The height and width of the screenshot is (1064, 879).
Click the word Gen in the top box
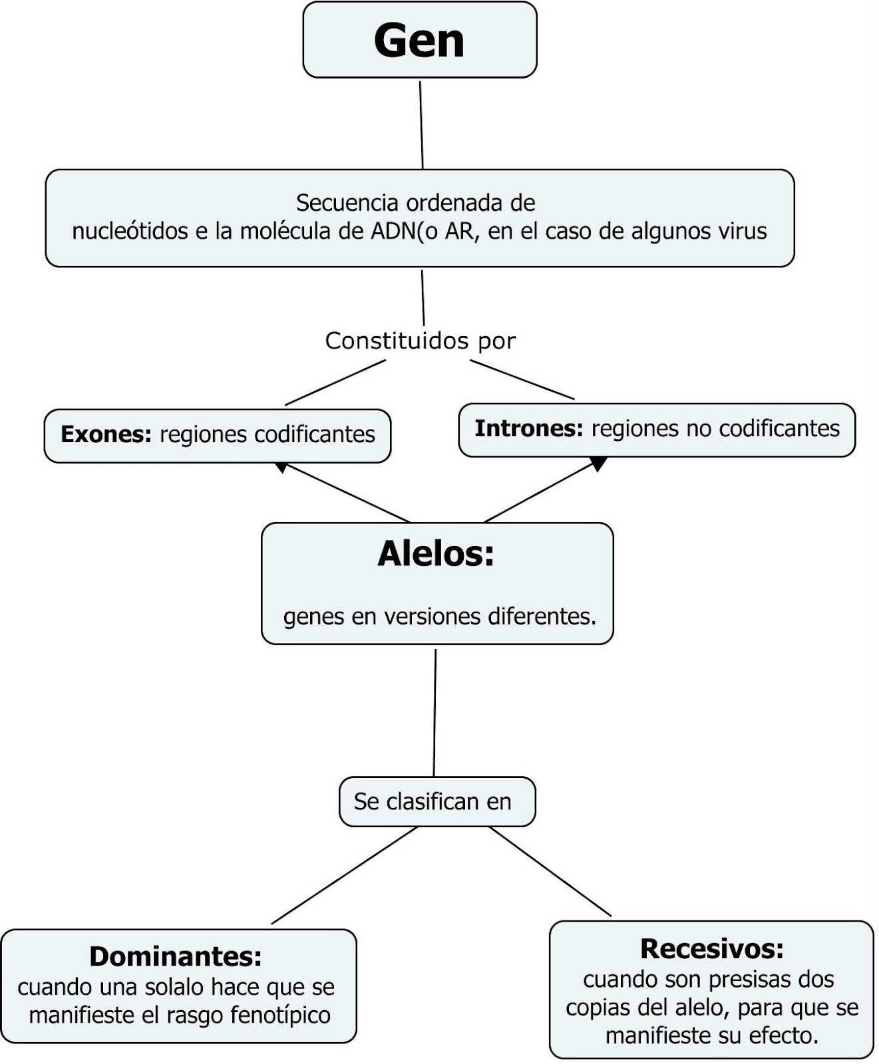pyautogui.click(x=419, y=41)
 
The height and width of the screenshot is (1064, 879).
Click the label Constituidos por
pyautogui.click(x=420, y=341)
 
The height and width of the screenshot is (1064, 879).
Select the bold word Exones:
pyautogui.click(x=106, y=435)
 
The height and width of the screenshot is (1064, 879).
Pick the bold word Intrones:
pyautogui.click(x=528, y=429)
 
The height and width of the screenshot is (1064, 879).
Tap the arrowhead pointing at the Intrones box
pyautogui.click(x=598, y=464)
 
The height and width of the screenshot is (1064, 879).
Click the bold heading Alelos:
pyautogui.click(x=436, y=554)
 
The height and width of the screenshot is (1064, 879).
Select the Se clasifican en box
pyautogui.click(x=437, y=802)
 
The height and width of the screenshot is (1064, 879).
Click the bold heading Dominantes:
pyautogui.click(x=176, y=956)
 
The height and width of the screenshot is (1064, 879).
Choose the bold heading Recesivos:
pyautogui.click(x=711, y=949)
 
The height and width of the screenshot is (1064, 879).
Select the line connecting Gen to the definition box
pyautogui.click(x=421, y=124)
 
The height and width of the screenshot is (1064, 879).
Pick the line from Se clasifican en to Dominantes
pyautogui.click(x=345, y=875)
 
